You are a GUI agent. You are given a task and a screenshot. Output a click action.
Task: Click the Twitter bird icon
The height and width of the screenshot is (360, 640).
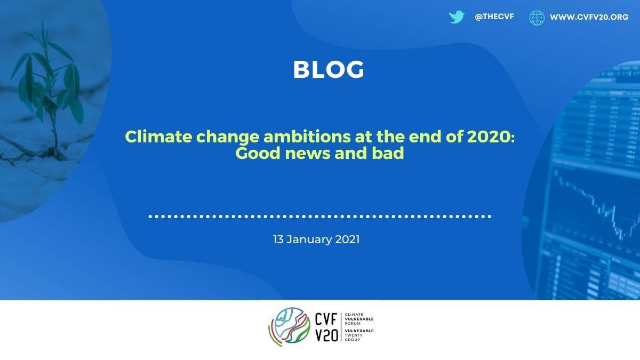(457, 17)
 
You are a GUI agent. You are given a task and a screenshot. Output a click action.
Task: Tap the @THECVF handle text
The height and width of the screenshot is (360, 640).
(494, 17)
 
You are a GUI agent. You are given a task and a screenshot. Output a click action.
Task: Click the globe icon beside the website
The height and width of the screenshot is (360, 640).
(537, 18)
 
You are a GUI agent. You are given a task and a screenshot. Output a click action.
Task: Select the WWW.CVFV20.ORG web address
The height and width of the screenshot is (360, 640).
(589, 17)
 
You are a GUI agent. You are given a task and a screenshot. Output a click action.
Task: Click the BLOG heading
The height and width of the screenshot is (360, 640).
(329, 69)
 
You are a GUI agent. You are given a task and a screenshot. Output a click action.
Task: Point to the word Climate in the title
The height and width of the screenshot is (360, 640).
(158, 137)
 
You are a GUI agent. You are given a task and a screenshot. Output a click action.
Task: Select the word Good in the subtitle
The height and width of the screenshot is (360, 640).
(258, 153)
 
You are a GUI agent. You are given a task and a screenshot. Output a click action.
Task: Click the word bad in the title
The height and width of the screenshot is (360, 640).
(388, 153)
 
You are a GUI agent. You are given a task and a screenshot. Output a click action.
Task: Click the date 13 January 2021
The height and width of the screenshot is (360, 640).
(316, 239)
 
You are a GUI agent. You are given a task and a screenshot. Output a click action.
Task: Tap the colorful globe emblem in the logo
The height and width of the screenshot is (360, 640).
(290, 327)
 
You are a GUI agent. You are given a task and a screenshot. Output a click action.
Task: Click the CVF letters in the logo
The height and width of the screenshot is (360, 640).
(326, 319)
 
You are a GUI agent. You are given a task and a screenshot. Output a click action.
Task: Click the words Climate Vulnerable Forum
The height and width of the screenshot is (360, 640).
(359, 319)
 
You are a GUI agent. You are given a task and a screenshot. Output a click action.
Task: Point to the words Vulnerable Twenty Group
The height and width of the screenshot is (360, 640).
(359, 335)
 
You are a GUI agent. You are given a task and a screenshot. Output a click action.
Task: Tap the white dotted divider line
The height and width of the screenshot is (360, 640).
(320, 217)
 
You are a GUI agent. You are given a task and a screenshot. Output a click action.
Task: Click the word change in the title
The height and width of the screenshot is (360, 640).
(228, 137)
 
